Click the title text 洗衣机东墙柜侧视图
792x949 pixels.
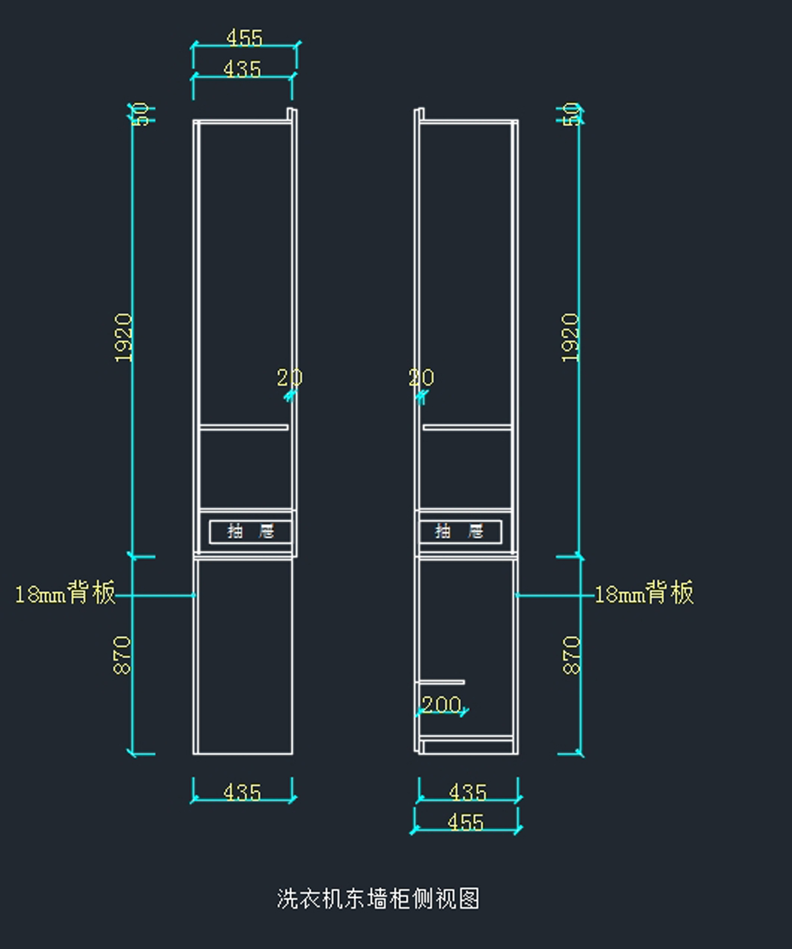pos(378,898)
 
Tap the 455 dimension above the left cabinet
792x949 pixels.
pos(244,38)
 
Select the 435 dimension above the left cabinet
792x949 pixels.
pos(242,69)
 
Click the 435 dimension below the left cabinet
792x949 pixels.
pos(242,791)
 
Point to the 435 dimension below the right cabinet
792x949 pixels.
pos(467,791)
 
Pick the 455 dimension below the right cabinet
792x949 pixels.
pos(465,822)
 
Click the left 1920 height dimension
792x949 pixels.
pos(123,337)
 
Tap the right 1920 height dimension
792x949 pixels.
pos(570,337)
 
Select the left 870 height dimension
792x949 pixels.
pos(123,655)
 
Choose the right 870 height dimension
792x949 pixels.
pos(572,655)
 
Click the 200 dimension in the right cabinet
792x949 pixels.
pos(441,704)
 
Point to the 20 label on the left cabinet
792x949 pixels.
pos(289,378)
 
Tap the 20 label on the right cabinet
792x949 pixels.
pos(421,378)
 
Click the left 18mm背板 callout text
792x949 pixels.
pos(65,593)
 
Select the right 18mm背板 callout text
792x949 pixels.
pos(644,593)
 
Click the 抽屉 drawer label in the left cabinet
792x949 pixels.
pos(250,531)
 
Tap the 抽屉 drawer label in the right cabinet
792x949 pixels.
pos(459,531)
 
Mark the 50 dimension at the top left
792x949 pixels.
pos(140,114)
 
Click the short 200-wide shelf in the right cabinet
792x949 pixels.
pos(442,682)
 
